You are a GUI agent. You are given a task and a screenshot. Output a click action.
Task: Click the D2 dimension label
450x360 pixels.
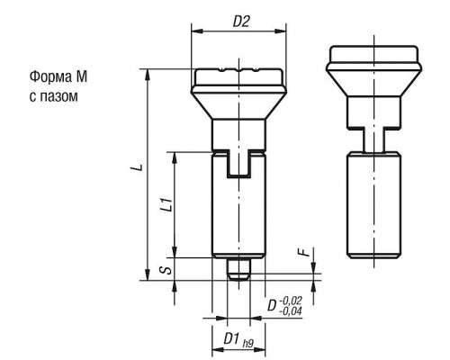[x=241, y=22]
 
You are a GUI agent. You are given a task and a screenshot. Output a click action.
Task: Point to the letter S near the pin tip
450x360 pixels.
[x=168, y=269]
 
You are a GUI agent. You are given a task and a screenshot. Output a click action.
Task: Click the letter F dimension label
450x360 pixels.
[x=304, y=253]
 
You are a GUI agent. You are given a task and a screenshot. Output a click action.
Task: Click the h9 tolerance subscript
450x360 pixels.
[x=248, y=343]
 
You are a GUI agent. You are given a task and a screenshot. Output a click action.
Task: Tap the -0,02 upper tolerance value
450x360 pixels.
[x=290, y=300]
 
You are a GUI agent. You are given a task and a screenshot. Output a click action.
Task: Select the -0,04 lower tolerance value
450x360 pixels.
[x=290, y=311]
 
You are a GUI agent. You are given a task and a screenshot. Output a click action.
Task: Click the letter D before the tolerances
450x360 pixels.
[x=272, y=305]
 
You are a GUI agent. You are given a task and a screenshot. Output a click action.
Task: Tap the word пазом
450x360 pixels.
[x=58, y=96]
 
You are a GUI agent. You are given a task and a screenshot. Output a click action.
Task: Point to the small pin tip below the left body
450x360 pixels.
[x=238, y=269]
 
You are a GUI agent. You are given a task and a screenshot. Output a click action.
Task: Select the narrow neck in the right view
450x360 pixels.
[x=373, y=139]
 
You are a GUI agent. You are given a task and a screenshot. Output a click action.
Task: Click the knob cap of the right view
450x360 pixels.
[x=373, y=54]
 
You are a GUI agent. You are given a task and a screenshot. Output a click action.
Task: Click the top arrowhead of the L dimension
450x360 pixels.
[x=148, y=75]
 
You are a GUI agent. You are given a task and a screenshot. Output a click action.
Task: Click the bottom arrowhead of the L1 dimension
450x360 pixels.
[x=175, y=252]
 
